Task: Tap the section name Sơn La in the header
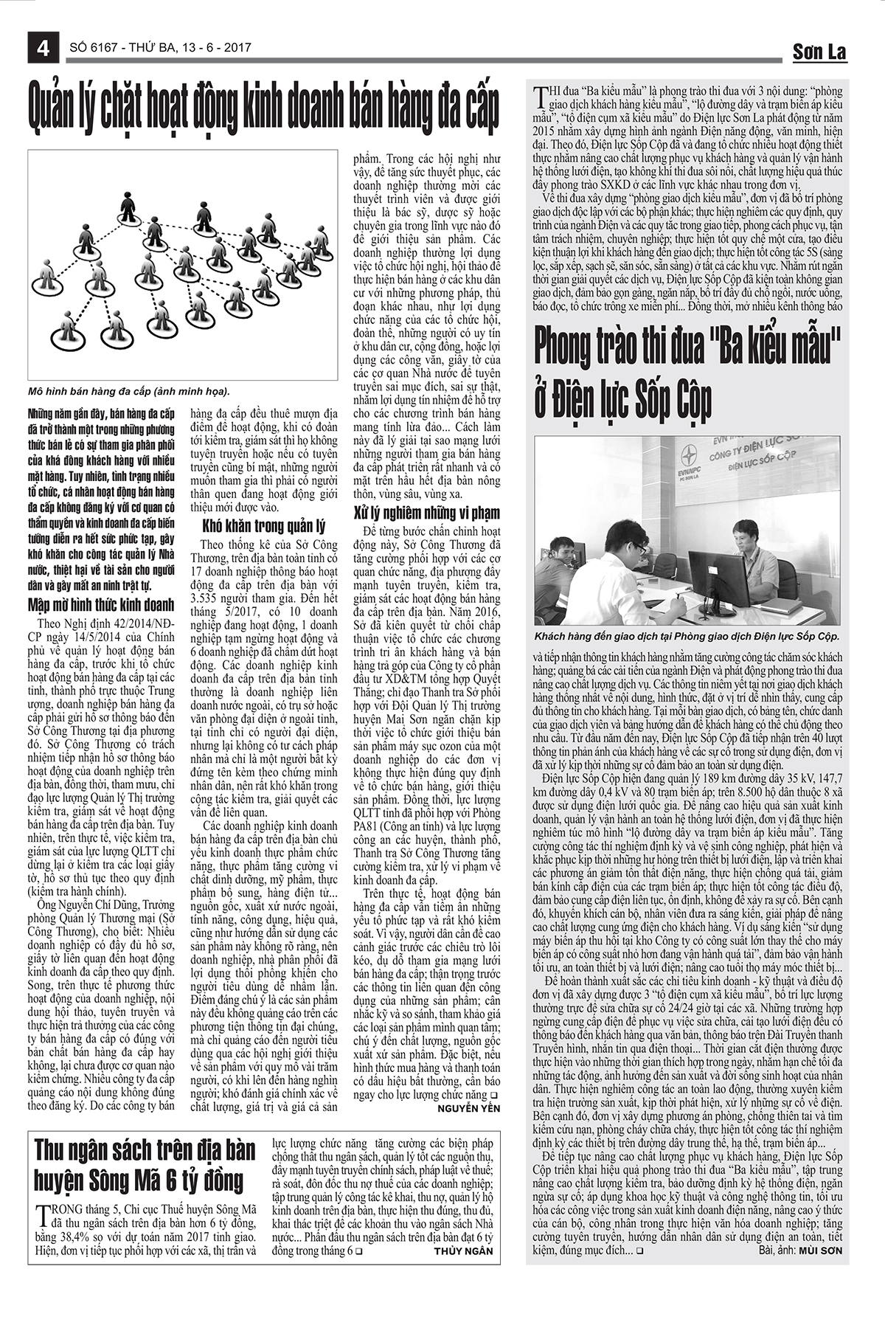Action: coord(819,52)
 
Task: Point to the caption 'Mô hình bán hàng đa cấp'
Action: coord(130,391)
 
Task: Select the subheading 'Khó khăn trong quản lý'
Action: coord(263,526)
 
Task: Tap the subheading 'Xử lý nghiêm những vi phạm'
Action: coord(426,512)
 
